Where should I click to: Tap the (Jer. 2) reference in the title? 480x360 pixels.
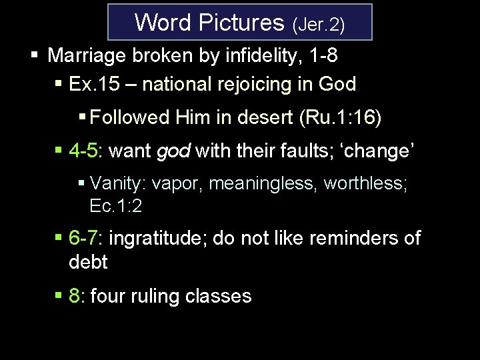tap(318, 25)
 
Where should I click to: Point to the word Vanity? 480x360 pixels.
tap(113, 183)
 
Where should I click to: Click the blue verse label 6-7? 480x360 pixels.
tap(85, 237)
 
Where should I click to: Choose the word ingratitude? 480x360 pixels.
tap(156, 237)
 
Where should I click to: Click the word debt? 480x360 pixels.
tap(88, 262)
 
